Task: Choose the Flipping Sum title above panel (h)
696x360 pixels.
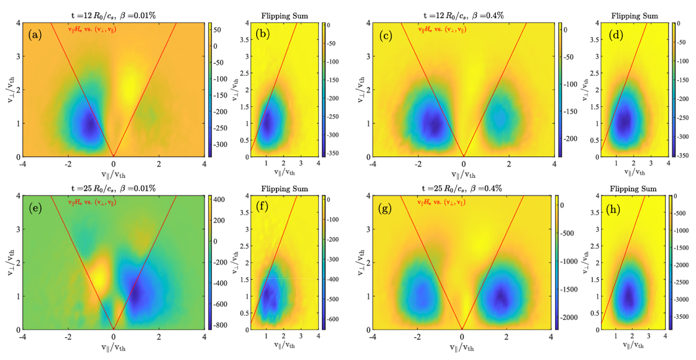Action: point(633,189)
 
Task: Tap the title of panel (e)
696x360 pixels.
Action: point(114,188)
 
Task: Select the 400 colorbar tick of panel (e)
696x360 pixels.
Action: point(217,200)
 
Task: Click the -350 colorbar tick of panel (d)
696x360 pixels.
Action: point(683,156)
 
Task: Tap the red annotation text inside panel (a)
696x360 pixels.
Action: point(92,30)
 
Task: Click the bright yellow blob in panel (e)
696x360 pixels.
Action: point(99,274)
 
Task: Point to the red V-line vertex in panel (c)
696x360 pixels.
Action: point(463,156)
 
